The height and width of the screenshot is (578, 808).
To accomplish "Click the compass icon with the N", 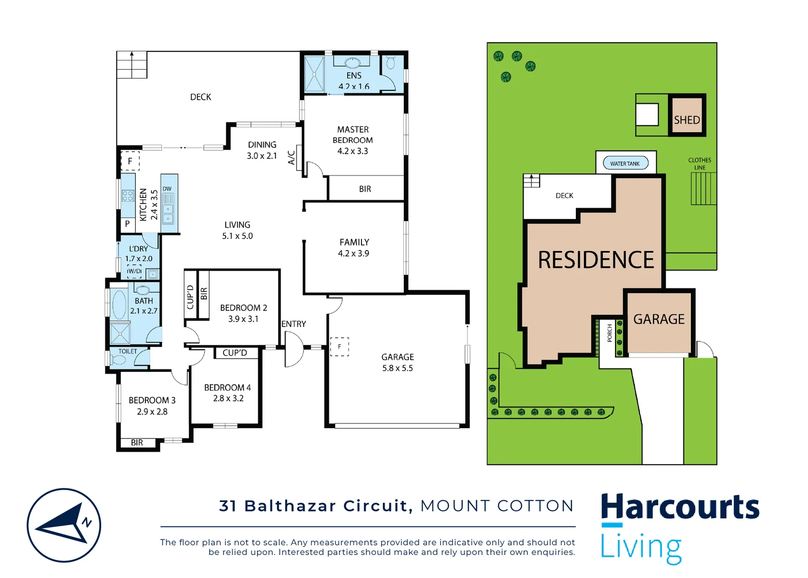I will tap(64, 525).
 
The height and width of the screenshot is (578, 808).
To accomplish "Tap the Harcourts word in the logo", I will tap(680, 507).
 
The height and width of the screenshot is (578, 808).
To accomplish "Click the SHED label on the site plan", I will tap(687, 120).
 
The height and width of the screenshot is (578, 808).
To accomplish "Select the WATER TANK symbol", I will tap(625, 163).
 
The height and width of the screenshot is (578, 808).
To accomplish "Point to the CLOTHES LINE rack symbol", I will tap(703, 188).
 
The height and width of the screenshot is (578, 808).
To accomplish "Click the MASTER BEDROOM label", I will tap(353, 135).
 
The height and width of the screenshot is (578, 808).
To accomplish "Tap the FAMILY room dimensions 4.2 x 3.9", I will tap(353, 254).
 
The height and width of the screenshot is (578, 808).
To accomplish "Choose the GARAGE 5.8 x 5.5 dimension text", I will tap(397, 368).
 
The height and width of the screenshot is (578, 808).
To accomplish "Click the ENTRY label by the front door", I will tap(294, 324).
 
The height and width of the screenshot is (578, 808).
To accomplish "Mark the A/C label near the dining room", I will tap(291, 157).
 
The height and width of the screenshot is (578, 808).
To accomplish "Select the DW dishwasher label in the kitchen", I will tap(167, 189).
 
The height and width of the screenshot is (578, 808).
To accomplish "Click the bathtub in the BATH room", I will tap(119, 304).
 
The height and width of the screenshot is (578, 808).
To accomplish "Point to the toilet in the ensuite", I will tap(390, 63).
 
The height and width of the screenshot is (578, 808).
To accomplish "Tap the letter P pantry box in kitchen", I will tap(127, 224).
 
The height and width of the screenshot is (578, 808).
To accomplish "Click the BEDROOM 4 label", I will tap(227, 387).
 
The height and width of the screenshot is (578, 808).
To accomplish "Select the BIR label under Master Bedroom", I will tap(365, 189).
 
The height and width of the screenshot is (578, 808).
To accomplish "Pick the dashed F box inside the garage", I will tap(340, 347).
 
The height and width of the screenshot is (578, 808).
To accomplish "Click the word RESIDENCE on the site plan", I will tap(596, 260).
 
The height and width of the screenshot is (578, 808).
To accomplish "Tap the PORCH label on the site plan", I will tap(610, 333).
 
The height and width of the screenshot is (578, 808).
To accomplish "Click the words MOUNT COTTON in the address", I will tap(497, 506).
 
